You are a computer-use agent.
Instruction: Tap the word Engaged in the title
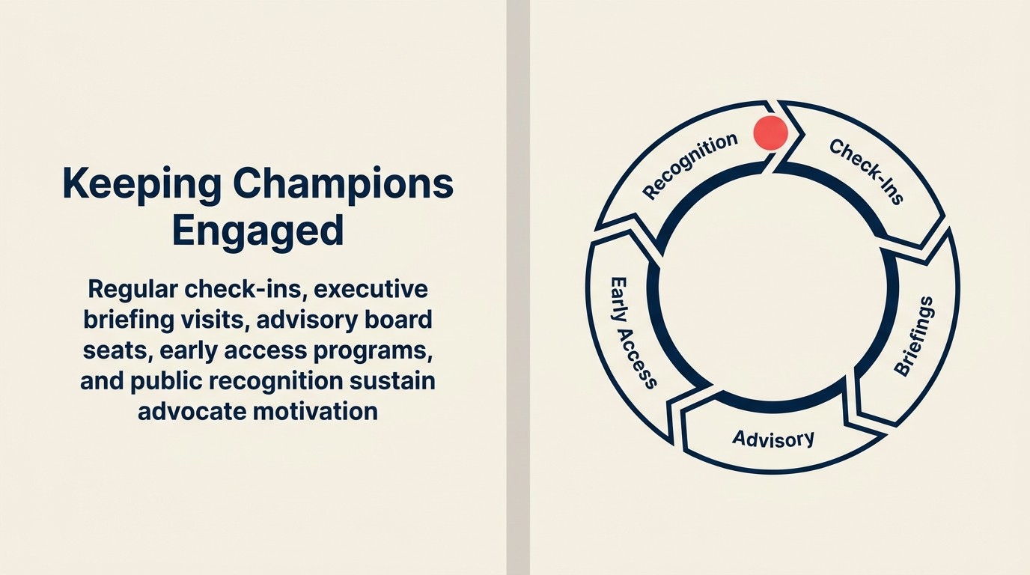(257, 231)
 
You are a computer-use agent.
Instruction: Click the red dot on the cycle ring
(770, 133)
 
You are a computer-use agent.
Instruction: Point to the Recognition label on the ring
(689, 165)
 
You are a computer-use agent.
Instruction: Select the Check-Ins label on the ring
(867, 171)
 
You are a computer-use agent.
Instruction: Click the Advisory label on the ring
(773, 438)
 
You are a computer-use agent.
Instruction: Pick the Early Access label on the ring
(633, 332)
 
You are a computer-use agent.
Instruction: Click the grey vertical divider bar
(518, 287)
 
